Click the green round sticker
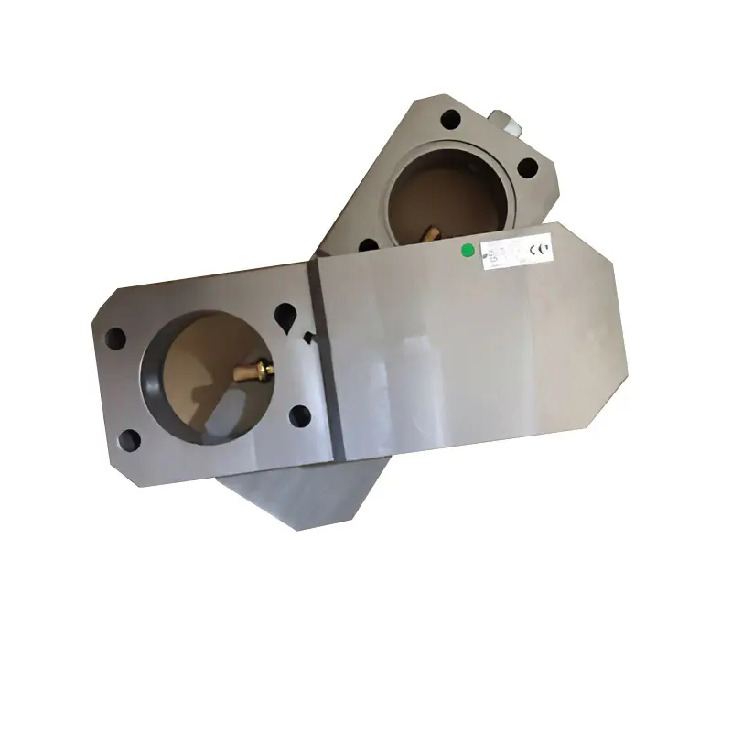pyautogui.click(x=468, y=248)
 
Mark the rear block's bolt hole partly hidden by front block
pyautogui.click(x=369, y=245)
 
